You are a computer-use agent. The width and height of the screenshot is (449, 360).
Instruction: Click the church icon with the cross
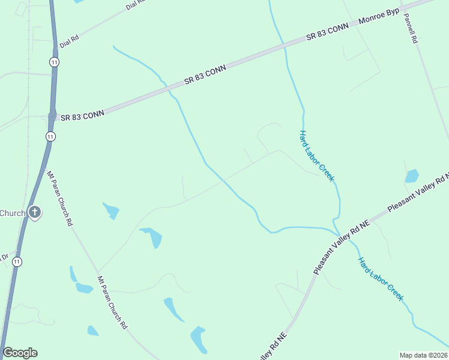point(35,212)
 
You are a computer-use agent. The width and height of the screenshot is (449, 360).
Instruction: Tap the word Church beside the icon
point(13,213)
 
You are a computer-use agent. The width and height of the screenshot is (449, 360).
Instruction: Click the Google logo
point(20,353)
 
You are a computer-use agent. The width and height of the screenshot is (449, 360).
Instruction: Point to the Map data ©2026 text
point(423,355)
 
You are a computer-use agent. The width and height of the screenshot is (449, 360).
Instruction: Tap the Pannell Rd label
point(411,28)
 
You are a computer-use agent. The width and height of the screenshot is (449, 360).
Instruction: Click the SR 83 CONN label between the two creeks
point(205,74)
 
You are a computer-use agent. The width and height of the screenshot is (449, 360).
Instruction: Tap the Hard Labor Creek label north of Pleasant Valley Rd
point(316,155)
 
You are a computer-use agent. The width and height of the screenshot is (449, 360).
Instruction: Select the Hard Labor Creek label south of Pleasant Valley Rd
point(381,279)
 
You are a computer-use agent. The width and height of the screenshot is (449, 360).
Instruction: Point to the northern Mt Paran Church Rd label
point(60,198)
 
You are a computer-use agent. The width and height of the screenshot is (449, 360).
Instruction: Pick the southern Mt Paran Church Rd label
point(112,302)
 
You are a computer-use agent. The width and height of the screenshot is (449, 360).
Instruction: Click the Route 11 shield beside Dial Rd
point(54,62)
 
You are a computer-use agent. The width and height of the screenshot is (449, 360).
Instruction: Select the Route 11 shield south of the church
point(17,262)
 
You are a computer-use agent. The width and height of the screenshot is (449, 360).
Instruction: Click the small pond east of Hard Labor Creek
point(412,176)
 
